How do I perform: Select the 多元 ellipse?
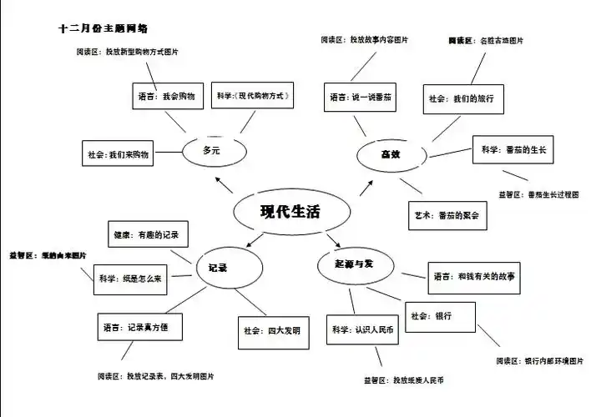[x=212, y=150]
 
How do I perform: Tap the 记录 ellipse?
[x=218, y=269]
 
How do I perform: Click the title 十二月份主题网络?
[x=104, y=28]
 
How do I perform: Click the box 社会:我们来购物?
[x=119, y=155]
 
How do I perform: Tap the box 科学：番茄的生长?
[x=513, y=150]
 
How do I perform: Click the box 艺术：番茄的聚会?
[x=449, y=214]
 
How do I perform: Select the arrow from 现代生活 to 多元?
[x=223, y=183]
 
